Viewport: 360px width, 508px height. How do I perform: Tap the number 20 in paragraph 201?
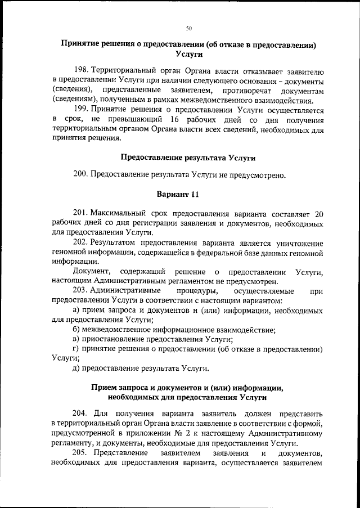point(318,214)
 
